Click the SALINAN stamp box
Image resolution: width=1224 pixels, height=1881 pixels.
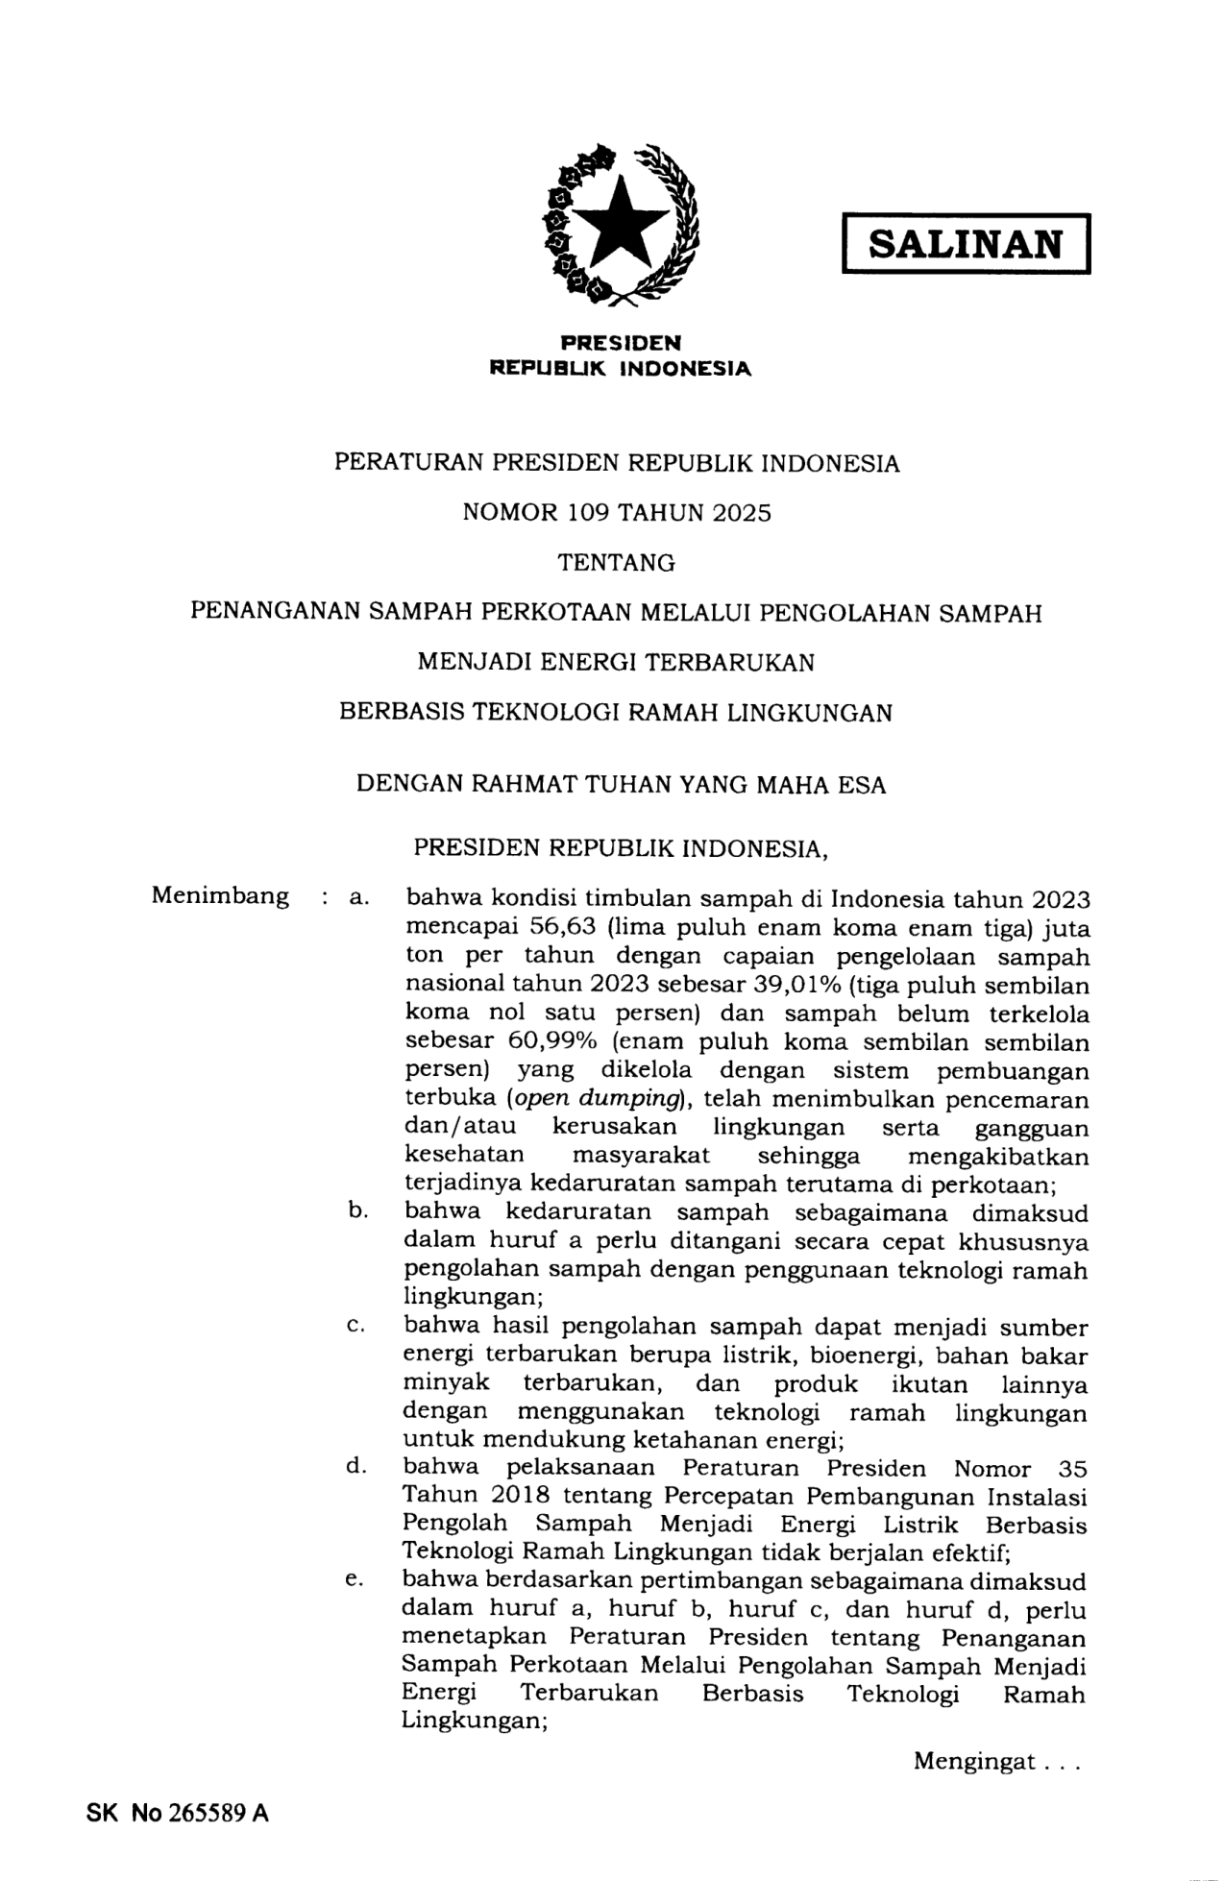tap(966, 244)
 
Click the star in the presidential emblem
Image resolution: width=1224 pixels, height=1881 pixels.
tap(621, 224)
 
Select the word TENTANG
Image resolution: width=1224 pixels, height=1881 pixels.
tap(617, 563)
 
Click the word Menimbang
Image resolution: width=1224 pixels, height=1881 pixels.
tap(220, 896)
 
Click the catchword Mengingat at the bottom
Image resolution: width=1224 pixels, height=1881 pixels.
tap(974, 1761)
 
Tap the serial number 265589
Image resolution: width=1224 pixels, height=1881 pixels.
tap(209, 1813)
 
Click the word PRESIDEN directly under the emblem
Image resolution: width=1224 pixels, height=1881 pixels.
tap(621, 342)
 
